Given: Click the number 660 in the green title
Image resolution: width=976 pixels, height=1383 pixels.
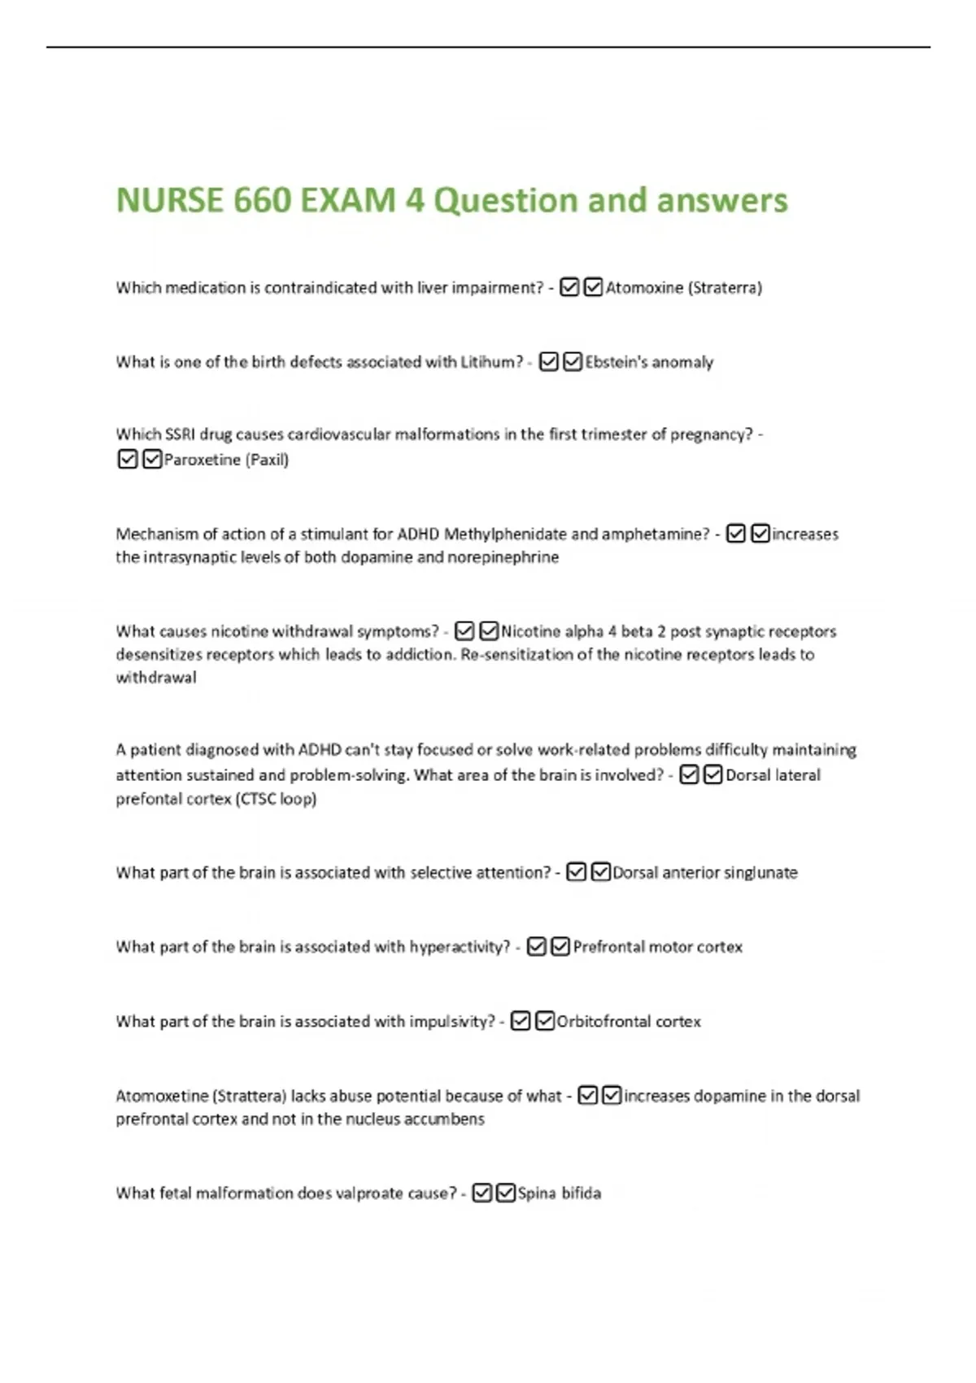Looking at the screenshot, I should pyautogui.click(x=261, y=200).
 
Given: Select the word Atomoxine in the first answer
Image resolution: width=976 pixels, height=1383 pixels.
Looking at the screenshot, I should pyautogui.click(x=644, y=288).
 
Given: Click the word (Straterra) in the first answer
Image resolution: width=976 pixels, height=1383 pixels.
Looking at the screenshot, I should pyautogui.click(x=725, y=288).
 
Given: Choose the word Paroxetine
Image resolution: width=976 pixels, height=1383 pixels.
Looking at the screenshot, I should pyautogui.click(x=202, y=460).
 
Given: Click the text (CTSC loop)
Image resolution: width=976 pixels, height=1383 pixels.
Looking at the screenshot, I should pyautogui.click(x=276, y=799).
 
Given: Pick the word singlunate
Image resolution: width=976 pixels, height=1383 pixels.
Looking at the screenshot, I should pyautogui.click(x=760, y=873).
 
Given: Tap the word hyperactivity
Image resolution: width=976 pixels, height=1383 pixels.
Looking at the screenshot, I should pyautogui.click(x=460, y=947).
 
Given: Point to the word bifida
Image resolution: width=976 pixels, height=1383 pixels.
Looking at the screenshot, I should pyautogui.click(x=581, y=1193).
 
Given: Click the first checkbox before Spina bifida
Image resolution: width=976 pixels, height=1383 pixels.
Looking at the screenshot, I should pyautogui.click(x=481, y=1193).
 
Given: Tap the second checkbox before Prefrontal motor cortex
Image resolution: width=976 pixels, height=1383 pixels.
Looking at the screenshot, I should pyautogui.click(x=560, y=946).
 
